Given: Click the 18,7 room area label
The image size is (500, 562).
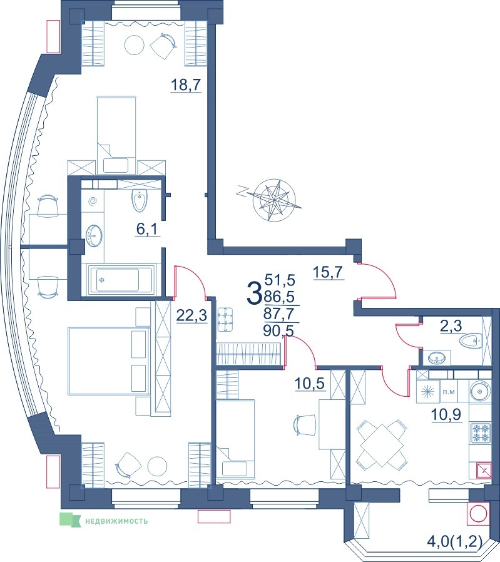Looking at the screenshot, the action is click(186, 85).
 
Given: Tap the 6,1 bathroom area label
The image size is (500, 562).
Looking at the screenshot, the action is click(148, 228).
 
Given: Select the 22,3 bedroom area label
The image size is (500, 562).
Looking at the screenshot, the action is click(191, 316).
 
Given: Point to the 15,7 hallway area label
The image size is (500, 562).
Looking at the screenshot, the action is click(329, 272).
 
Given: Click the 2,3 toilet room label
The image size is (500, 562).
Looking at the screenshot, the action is click(451, 326).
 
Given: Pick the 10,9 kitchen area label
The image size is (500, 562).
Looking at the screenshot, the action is click(446, 415).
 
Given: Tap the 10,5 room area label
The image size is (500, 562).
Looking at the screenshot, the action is click(310, 384).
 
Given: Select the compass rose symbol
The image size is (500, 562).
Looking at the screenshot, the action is click(274, 200).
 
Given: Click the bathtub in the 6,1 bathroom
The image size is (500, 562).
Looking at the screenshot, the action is click(120, 280).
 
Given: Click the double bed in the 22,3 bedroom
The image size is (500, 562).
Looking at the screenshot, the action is click(109, 361).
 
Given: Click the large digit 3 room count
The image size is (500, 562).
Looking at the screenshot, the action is click(254, 292).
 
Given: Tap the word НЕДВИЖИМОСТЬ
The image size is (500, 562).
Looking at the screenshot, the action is click(116, 521).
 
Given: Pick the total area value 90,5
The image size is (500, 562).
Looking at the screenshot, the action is click(278, 331).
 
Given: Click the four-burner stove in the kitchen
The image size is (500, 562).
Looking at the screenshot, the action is click(480, 432).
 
